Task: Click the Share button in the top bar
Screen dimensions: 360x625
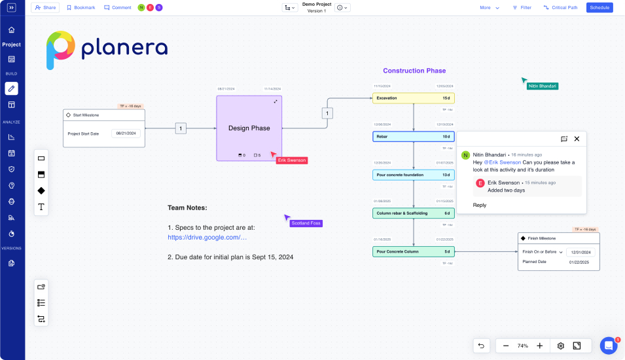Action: coord(45,8)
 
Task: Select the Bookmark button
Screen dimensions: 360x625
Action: coord(81,8)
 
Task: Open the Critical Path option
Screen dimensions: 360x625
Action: coord(560,8)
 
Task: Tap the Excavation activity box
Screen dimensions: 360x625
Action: coord(414,98)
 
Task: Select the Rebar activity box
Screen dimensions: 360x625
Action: coord(414,137)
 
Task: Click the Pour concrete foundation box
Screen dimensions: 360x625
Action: coord(414,175)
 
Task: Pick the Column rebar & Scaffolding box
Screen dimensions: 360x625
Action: coord(414,213)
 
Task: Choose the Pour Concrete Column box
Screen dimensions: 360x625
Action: coord(414,251)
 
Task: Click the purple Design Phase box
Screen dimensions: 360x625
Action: coord(249,128)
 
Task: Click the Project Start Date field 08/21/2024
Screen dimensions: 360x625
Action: coord(126,134)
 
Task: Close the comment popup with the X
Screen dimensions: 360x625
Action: coord(577,139)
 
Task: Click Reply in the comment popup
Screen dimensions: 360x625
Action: coord(480,205)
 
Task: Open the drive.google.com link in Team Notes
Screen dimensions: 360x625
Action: coord(207,237)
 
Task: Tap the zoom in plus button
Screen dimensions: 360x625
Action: coord(539,346)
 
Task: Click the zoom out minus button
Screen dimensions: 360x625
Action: coord(506,346)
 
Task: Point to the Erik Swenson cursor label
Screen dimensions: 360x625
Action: coord(291,160)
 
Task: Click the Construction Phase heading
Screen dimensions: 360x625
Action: coord(414,71)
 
